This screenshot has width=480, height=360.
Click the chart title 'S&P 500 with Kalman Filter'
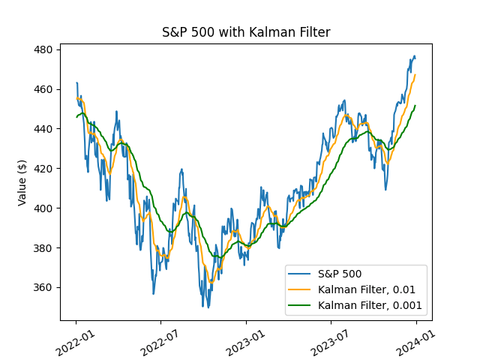[246, 32]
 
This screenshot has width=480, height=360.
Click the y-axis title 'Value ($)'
[22, 182]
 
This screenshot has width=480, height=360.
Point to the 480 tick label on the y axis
[42, 49]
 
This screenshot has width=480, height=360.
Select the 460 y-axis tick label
[42, 89]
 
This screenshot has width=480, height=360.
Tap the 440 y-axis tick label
[42, 129]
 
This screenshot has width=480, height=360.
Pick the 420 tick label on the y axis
[42, 169]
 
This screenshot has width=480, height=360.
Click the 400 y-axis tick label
[42, 208]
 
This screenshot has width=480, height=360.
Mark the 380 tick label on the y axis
[42, 248]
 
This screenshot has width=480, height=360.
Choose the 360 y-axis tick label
[42, 288]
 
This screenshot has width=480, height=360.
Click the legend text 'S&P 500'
[341, 274]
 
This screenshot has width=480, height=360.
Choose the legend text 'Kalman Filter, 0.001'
[370, 305]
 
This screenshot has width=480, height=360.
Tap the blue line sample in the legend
[301, 274]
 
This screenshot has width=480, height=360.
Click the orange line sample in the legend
[301, 289]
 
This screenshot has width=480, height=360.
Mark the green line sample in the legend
[301, 305]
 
